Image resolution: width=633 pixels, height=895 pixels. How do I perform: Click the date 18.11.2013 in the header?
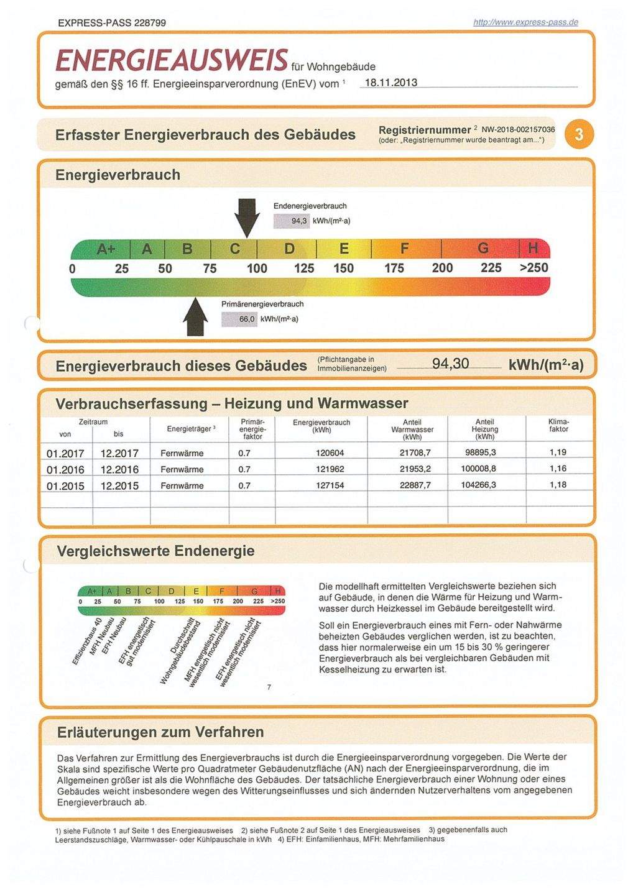(390, 83)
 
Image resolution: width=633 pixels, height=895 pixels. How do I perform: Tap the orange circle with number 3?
(579, 134)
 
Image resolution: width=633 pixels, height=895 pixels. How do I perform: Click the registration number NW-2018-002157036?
(518, 129)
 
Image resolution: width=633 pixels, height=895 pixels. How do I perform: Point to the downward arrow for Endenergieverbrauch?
(247, 217)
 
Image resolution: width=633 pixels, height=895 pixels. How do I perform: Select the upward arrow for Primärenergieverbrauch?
(196, 316)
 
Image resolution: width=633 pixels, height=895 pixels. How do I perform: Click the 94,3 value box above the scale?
(292, 221)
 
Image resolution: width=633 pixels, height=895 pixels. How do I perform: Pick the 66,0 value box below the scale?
(239, 319)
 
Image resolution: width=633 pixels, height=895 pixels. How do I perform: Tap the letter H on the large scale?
(533, 249)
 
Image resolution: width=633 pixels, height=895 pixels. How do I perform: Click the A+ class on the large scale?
(106, 249)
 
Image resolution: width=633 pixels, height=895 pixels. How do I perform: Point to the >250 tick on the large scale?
(534, 268)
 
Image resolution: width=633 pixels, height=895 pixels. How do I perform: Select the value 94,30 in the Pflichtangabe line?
(450, 364)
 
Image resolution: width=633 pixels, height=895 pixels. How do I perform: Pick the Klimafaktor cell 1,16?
(558, 469)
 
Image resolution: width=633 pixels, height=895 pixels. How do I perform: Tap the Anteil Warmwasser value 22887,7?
(415, 485)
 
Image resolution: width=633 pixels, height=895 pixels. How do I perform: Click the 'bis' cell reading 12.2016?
(119, 469)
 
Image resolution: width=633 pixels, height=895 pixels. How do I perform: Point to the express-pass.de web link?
(525, 22)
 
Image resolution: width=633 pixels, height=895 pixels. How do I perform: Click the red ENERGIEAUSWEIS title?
(172, 60)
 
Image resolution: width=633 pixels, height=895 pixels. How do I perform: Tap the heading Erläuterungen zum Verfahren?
(160, 732)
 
